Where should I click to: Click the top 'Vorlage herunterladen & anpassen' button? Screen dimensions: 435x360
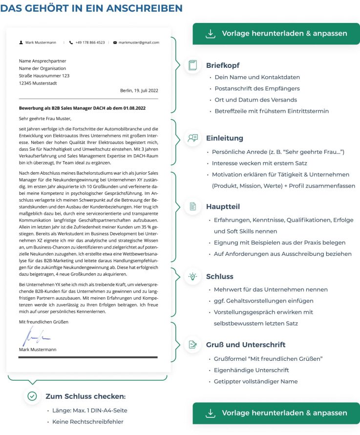pos(276,34)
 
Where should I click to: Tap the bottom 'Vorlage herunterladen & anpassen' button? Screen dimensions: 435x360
pos(276,413)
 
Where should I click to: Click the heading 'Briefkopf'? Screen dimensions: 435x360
pos(223,65)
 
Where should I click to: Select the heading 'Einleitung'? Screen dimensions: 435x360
pos(224,138)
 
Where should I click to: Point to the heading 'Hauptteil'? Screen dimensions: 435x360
pos(223,207)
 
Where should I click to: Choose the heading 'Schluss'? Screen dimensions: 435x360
pos(219,276)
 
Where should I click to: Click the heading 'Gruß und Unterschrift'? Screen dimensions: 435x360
pos(246,345)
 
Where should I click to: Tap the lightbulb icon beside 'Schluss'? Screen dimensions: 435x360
pos(193,276)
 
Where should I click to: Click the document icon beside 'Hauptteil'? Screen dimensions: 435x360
pos(193,207)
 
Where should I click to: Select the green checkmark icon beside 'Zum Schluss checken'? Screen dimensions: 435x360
pos(32,396)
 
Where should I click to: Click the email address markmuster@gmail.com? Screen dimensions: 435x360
pos(138,42)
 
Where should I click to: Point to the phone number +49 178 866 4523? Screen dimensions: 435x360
pos(90,42)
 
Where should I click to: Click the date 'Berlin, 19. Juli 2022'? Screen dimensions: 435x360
pos(139,90)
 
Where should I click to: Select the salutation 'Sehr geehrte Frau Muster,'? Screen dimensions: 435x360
pos(45,118)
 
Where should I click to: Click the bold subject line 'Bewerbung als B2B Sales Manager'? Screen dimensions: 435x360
pos(82,107)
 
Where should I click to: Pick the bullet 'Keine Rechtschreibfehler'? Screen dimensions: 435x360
pos(88,421)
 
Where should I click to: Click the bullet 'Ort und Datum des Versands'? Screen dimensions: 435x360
pos(255,100)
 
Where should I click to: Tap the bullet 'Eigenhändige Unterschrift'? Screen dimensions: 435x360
pos(251,370)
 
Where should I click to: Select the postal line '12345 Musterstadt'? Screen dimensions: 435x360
pos(38,83)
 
